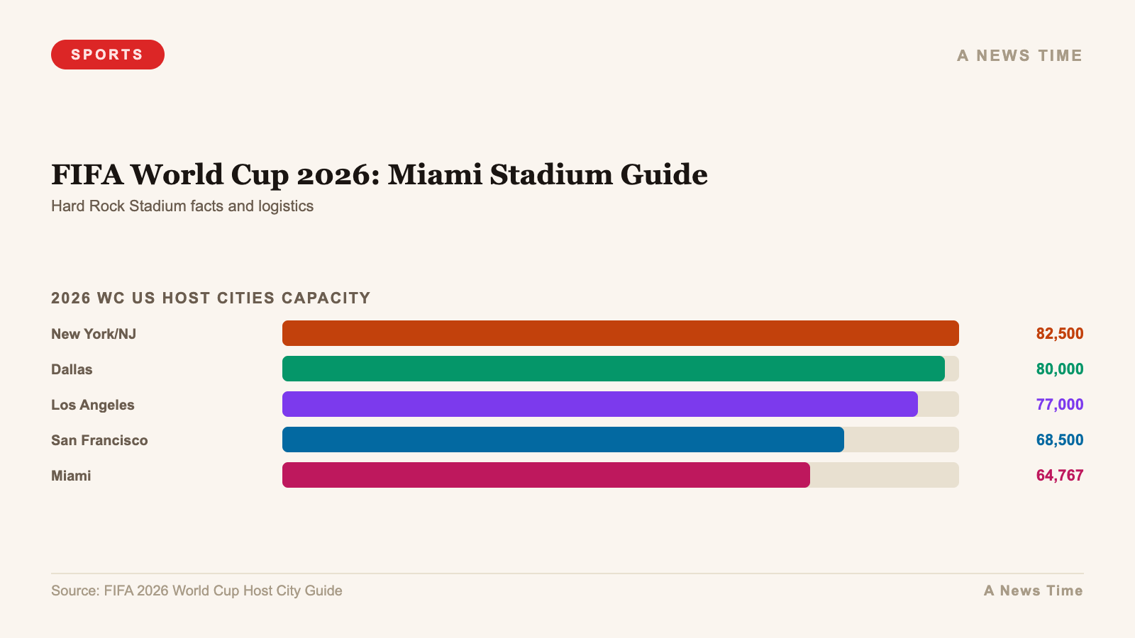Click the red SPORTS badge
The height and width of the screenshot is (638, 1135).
pos(107,55)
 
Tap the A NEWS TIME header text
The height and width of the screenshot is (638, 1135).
pos(1019,55)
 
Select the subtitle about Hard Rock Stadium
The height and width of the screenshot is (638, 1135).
pos(182,206)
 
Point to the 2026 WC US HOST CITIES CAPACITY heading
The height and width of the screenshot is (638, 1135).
pos(211,298)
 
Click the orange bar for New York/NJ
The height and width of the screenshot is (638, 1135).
pos(620,333)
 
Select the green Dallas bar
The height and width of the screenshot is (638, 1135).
pos(613,369)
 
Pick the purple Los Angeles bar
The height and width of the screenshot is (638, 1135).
pos(599,404)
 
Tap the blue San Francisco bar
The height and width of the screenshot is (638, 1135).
pos(563,440)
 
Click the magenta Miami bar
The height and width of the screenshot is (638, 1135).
pos(546,475)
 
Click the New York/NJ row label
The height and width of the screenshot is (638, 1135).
pos(94,334)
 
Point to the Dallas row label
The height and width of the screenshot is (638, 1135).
pos(72,369)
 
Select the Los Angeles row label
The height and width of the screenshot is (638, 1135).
pos(93,405)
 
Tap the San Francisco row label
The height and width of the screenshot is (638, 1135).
pos(99,440)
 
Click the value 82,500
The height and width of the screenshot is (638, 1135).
pos(1059,333)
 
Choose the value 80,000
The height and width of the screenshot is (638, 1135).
pos(1059,369)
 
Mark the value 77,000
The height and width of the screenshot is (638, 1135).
pos(1059,404)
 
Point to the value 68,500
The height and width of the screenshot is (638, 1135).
pos(1059,440)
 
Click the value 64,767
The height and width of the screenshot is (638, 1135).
pos(1059,475)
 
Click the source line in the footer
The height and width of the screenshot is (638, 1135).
pos(196,591)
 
